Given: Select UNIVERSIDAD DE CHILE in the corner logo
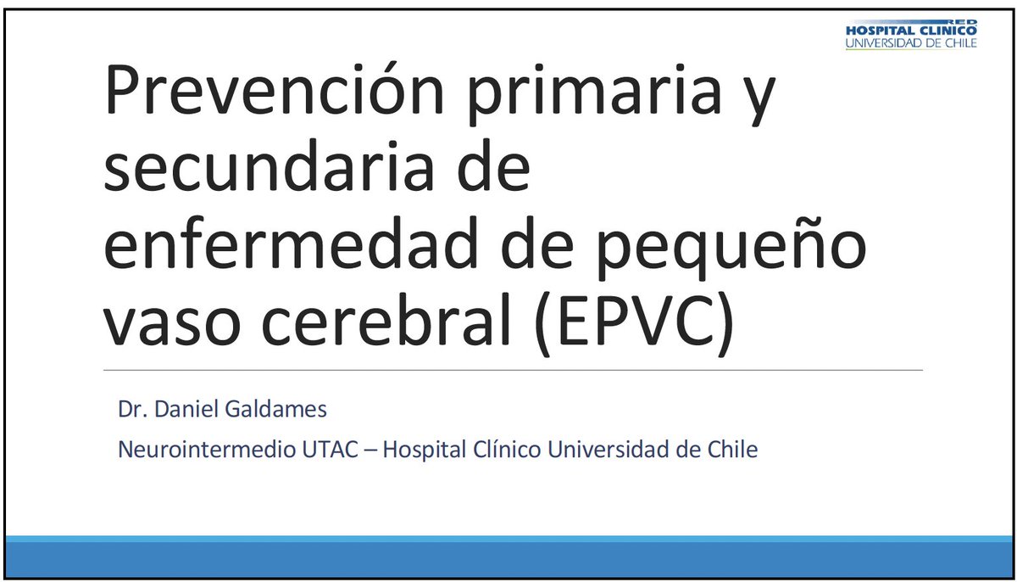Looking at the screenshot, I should click(911, 42).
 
